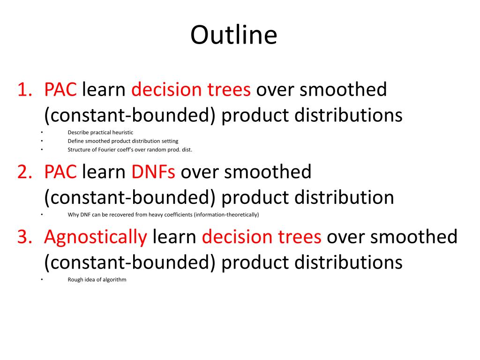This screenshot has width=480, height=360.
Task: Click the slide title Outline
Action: [234, 35]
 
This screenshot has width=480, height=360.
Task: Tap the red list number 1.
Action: [25, 90]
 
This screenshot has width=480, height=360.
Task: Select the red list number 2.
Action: [25, 172]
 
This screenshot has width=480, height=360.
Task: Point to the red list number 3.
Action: [25, 237]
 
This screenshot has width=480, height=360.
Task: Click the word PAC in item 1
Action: [60, 90]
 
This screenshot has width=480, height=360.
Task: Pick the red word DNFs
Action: [153, 172]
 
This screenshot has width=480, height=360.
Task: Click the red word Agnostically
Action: [96, 238]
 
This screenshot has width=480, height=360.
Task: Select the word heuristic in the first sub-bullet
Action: [123, 133]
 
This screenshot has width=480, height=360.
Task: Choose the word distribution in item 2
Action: [344, 197]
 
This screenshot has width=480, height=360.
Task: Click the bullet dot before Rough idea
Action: [42, 279]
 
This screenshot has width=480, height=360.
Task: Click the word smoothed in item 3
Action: [414, 237]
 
